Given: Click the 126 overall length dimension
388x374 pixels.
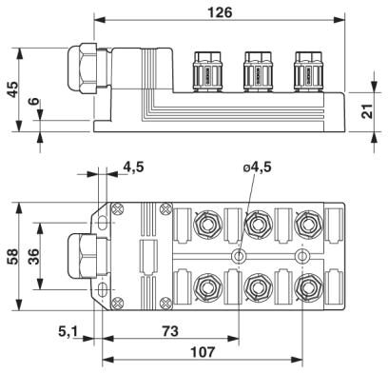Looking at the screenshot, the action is (220, 12).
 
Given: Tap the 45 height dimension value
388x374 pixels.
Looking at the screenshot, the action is (13, 89).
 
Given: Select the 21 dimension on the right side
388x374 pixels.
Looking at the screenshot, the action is (367, 111).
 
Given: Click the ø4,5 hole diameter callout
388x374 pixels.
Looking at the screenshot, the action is (258, 167).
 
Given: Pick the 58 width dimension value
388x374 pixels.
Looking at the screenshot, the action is (12, 256).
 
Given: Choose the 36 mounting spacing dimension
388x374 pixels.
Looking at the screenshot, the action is (33, 256).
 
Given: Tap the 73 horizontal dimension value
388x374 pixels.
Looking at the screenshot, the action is (170, 331).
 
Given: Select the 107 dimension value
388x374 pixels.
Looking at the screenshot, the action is (203, 352).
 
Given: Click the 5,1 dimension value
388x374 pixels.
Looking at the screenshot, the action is (68, 332).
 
